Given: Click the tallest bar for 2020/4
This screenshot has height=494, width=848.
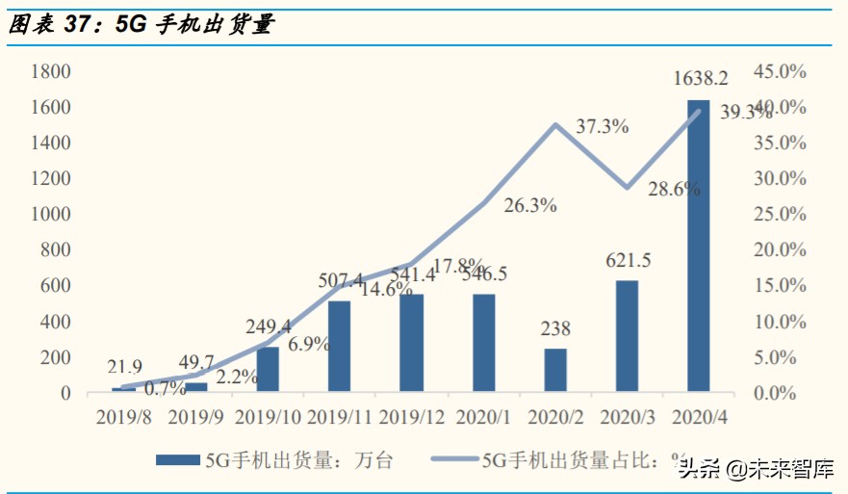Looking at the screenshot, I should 699,246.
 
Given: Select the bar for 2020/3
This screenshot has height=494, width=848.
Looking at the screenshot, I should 627,336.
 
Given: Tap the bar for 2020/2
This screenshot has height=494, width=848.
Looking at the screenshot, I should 555,370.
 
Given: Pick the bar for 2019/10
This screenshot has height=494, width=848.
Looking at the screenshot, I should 268,369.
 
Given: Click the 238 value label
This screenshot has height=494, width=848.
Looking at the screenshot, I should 555,328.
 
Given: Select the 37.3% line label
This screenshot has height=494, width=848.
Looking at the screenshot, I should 603,126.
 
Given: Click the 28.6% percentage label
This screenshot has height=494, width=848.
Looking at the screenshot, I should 674,190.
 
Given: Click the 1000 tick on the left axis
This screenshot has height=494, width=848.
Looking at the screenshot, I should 51,215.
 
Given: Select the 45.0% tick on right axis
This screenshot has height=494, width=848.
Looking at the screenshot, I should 778,71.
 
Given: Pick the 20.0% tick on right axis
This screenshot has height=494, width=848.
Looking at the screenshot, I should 778,250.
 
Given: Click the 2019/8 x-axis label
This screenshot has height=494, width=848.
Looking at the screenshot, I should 123,418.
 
